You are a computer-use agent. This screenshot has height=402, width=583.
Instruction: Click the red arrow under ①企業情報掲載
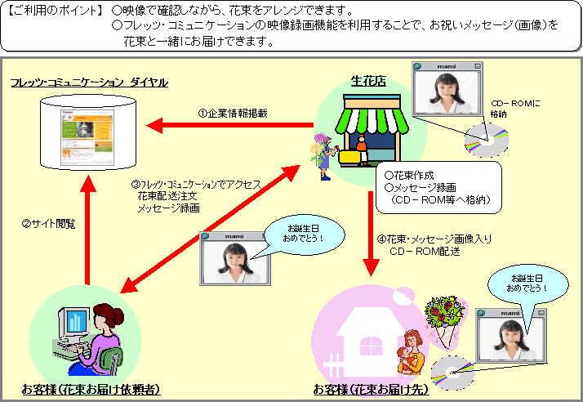[x=229, y=126]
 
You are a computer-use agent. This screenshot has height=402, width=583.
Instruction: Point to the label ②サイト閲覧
[x=48, y=223]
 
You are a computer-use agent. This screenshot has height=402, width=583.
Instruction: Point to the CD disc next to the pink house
[x=450, y=372]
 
